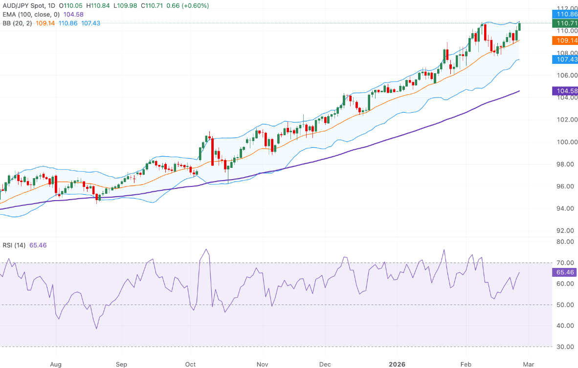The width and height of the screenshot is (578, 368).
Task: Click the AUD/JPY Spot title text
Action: click(x=25, y=5)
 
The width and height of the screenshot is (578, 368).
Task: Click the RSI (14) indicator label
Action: click(x=15, y=245)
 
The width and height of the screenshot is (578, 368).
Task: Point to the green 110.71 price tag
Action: click(x=564, y=23)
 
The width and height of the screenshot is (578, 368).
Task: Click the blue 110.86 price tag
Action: click(x=564, y=15)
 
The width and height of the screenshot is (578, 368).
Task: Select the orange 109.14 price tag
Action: click(x=564, y=41)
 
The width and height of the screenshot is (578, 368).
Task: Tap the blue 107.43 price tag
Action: click(x=564, y=60)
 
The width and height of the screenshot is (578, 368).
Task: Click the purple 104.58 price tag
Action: click(x=564, y=91)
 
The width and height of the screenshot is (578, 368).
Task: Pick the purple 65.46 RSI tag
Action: click(x=564, y=273)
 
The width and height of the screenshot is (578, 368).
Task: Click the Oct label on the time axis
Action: click(x=190, y=364)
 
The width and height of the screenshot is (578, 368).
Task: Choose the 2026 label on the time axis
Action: click(x=397, y=364)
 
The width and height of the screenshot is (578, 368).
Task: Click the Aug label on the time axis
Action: click(x=56, y=364)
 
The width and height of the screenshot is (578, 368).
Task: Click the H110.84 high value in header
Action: click(x=102, y=5)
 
